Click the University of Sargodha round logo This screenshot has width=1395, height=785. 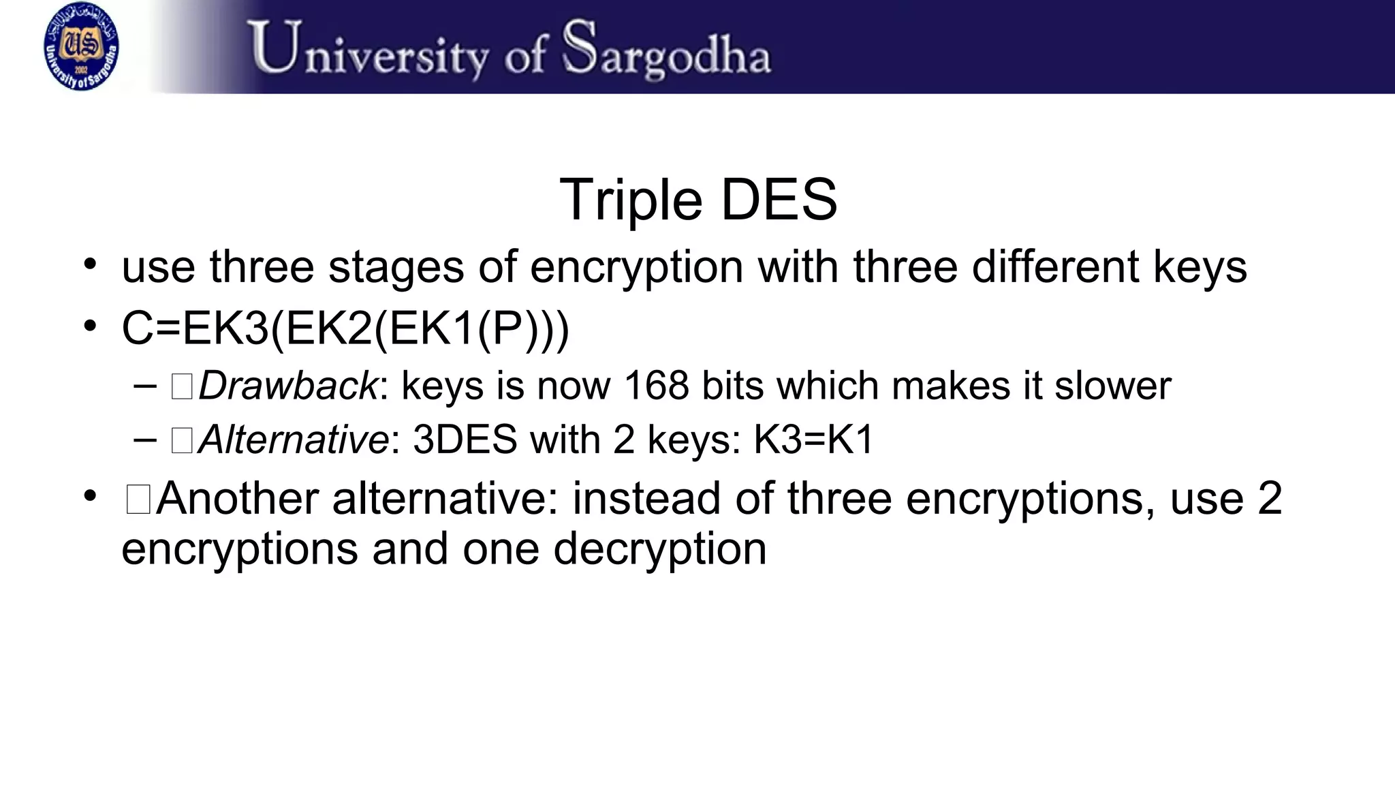[x=81, y=46]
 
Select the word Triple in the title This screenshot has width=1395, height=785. [x=631, y=200]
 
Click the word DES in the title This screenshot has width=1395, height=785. [x=779, y=200]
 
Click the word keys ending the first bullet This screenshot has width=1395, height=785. [x=1200, y=266]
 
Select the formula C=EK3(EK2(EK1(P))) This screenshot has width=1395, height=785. [x=345, y=329]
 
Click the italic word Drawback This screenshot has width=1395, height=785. [x=287, y=386]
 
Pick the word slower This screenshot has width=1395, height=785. [x=1113, y=386]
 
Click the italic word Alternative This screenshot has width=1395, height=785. [x=294, y=440]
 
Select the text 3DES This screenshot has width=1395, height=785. [x=465, y=440]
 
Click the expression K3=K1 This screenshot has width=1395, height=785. [x=813, y=440]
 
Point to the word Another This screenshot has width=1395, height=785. [x=237, y=498]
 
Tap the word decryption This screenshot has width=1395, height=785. [x=659, y=549]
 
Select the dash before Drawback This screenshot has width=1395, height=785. [x=145, y=386]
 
